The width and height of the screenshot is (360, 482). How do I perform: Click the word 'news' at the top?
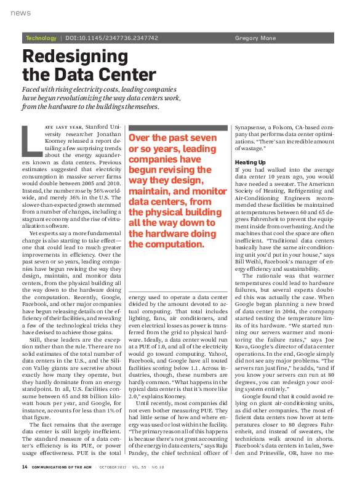pos(20,13)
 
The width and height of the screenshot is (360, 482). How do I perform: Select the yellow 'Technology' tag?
pos(41,38)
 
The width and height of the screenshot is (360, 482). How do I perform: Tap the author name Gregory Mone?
pos(255,38)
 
